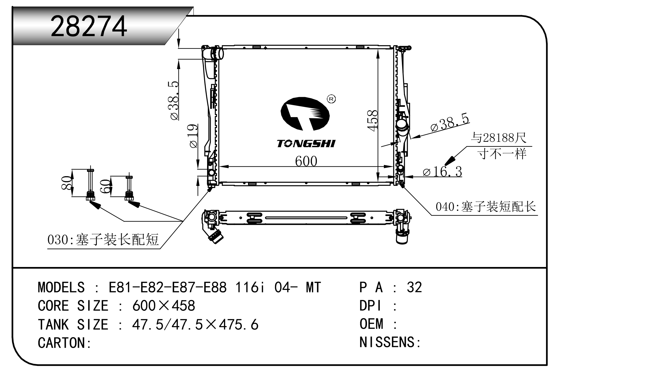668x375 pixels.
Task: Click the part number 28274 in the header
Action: (89, 26)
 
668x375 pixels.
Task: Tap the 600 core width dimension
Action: (306, 161)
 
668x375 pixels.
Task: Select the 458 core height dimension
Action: (373, 121)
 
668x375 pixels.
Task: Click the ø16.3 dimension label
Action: (442, 172)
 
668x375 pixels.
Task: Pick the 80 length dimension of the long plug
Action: (66, 183)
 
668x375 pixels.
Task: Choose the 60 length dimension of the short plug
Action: (105, 186)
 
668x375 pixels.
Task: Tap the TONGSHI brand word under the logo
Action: (306, 144)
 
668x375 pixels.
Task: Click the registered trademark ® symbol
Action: (331, 99)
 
